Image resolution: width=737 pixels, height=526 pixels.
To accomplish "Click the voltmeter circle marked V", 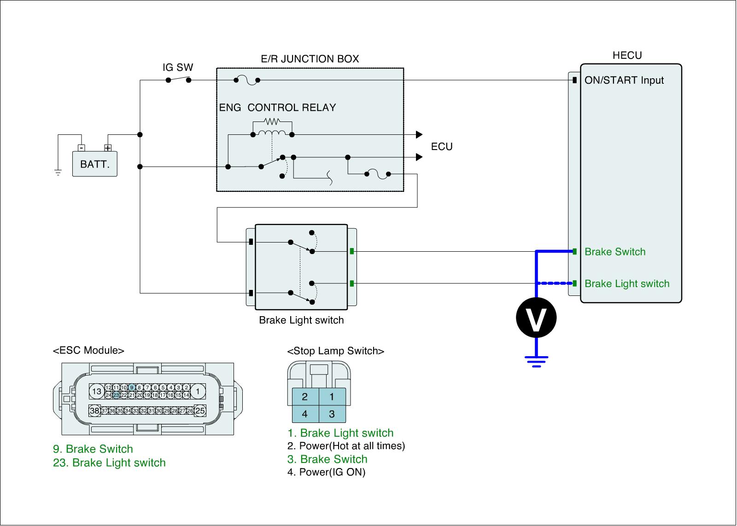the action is click(x=536, y=318).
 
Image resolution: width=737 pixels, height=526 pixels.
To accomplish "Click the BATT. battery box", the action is click(x=95, y=164).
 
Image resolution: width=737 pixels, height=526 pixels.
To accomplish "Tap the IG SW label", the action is click(x=178, y=67).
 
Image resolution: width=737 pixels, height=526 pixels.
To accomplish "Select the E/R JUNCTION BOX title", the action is click(x=310, y=59).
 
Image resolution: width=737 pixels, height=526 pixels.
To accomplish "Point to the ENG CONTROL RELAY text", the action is click(x=277, y=108).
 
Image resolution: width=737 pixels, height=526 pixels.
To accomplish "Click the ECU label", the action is click(x=442, y=147).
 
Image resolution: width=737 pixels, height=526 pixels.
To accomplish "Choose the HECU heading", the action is click(x=627, y=55).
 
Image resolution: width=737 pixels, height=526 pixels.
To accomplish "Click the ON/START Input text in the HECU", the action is click(x=624, y=80).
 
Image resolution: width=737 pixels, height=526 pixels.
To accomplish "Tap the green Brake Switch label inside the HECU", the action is click(x=615, y=252).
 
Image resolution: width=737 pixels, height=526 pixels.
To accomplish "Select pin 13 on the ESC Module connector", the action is click(x=96, y=391).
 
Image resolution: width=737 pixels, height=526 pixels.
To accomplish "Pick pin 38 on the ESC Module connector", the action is click(x=94, y=410).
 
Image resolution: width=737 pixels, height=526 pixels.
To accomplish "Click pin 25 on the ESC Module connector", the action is click(x=200, y=410).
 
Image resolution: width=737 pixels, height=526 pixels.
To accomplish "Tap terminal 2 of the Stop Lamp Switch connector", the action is click(x=305, y=397).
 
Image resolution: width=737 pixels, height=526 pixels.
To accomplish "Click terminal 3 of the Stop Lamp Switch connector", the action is click(x=332, y=414).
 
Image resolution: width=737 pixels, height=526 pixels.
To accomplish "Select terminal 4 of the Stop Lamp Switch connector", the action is click(x=305, y=414).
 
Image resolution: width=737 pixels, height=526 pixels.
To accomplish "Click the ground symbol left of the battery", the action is click(x=58, y=172).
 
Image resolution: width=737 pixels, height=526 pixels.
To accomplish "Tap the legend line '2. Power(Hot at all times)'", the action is click(x=346, y=446).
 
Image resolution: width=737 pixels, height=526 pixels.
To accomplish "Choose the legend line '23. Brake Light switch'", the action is click(x=109, y=463).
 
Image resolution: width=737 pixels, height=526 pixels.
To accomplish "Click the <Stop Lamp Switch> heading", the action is click(x=336, y=351).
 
